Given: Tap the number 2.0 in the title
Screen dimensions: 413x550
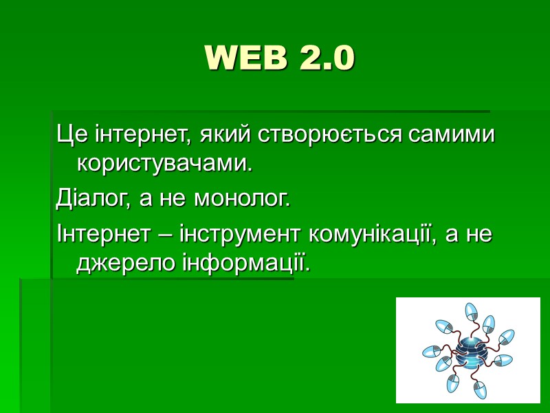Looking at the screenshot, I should click(x=327, y=59).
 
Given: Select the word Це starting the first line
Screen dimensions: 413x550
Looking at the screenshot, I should click(x=69, y=134).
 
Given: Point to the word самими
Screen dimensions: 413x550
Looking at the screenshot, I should click(x=451, y=134).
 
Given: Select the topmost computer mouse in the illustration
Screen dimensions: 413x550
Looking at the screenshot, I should click(x=471, y=311).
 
